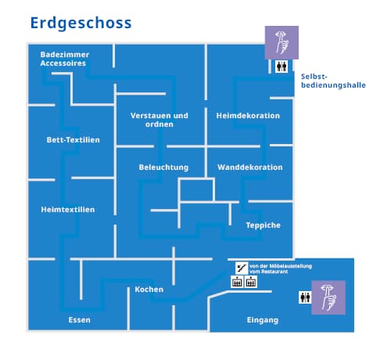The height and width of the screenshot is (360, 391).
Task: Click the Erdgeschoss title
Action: click(81, 23)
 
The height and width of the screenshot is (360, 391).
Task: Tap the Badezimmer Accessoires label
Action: click(65, 59)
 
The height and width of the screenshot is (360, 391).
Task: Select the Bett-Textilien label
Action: click(73, 140)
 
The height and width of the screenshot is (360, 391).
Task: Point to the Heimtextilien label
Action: click(68, 210)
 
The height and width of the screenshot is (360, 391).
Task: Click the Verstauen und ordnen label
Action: click(160, 120)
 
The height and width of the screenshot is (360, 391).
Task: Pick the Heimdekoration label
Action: click(248, 116)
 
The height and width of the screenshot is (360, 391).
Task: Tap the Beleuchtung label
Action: click(163, 167)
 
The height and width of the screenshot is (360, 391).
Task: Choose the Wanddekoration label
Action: click(250, 167)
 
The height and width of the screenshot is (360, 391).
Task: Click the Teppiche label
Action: click(264, 225)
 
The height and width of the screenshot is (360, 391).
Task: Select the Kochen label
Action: click(149, 290)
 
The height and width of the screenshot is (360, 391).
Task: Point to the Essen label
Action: click(79, 320)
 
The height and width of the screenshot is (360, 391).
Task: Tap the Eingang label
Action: click(263, 320)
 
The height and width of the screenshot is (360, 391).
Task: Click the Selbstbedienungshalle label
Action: click(333, 81)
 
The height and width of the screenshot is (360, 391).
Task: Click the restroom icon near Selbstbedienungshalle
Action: click(282, 67)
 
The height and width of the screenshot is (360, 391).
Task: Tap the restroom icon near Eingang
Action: click(305, 297)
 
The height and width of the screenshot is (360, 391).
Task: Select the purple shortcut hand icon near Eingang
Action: click(328, 297)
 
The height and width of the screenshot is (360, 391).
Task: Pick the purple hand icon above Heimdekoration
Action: click(282, 43)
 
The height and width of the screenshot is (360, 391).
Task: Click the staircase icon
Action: click(242, 268)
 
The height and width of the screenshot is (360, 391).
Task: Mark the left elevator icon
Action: click(237, 282)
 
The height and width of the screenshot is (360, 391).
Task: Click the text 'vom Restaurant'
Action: click(268, 272)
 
